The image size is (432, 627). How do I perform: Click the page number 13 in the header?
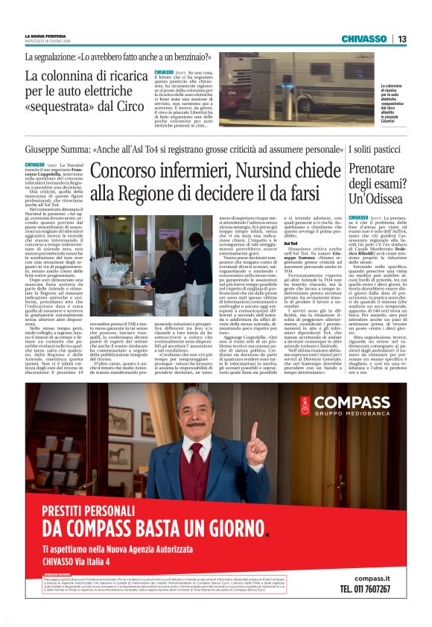[x=401, y=39]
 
